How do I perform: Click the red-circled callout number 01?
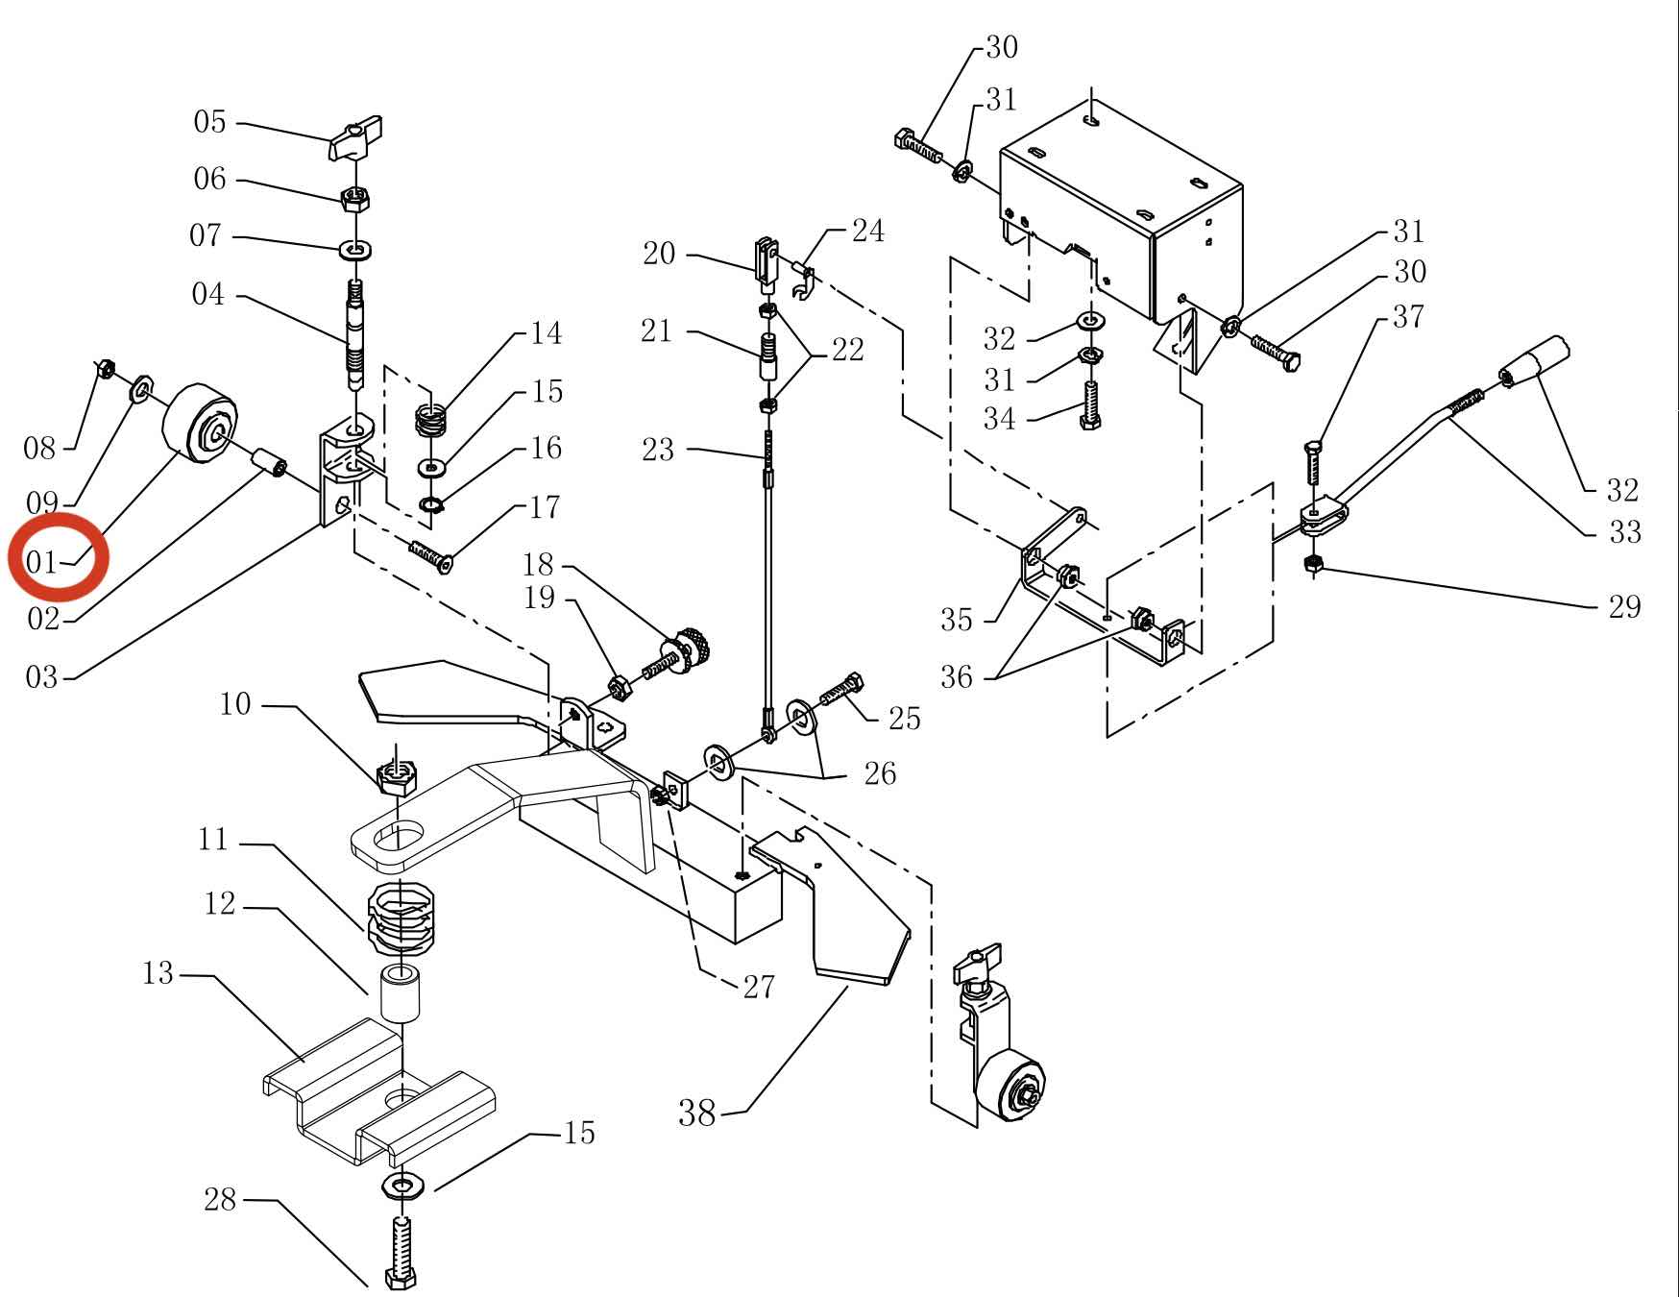(41, 561)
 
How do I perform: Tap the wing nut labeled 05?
(356, 138)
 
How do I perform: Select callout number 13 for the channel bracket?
(158, 973)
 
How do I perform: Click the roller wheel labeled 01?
(201, 423)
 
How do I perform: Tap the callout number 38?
(697, 1113)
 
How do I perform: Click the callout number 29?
(1623, 606)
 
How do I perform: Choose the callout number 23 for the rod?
(658, 450)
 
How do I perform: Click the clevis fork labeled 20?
(766, 262)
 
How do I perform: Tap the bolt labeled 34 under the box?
(1090, 405)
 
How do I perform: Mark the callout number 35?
(957, 620)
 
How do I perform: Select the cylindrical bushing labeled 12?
(403, 994)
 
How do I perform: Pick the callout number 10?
(235, 704)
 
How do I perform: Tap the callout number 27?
(759, 987)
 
